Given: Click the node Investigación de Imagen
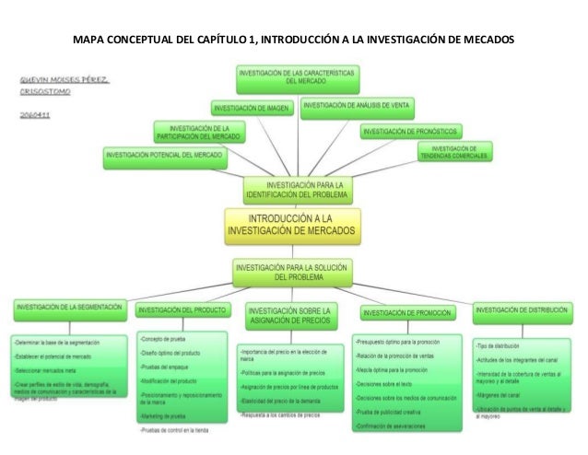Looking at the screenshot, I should [253, 108].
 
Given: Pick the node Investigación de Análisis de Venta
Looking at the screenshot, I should [358, 106].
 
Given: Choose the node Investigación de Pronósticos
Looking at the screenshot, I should [410, 132].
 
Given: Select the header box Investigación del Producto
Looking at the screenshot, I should [181, 309].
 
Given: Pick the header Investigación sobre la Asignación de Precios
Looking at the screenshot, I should [292, 316].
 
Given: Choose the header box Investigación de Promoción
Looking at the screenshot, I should [406, 312].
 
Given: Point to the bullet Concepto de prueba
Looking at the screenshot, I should [165, 339].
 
